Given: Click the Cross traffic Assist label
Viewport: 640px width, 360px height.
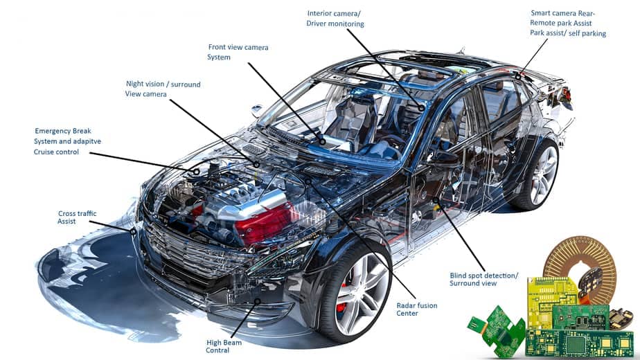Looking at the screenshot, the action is pyautogui.click(x=77, y=217).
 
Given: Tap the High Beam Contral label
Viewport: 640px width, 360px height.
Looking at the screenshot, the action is pyautogui.click(x=224, y=346).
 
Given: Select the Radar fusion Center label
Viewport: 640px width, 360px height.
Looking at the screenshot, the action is pyautogui.click(x=417, y=309).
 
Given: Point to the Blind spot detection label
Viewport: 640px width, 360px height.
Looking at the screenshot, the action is pyautogui.click(x=484, y=276).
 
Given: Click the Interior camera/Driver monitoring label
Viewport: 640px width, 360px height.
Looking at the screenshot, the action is pyautogui.click(x=335, y=19).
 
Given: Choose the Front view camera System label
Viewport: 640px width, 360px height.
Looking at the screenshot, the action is pyautogui.click(x=238, y=52).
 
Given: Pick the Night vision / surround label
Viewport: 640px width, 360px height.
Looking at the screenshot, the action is pyautogui.click(x=163, y=84).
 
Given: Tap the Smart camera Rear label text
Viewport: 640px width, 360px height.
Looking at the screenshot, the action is pyautogui.click(x=563, y=13).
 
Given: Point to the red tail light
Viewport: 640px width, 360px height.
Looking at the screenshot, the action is pyautogui.click(x=566, y=94).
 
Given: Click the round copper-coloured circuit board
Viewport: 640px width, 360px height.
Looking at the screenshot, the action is pyautogui.click(x=580, y=261).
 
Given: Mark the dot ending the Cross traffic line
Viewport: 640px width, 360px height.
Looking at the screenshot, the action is pyautogui.click(x=133, y=231).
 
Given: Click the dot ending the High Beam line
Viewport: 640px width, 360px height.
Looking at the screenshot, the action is pyautogui.click(x=258, y=302).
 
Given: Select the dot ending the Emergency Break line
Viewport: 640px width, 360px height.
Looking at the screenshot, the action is pyautogui.click(x=196, y=172).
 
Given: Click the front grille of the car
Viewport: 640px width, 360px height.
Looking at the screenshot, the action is pyautogui.click(x=192, y=251).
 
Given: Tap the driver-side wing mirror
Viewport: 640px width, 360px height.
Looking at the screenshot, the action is pyautogui.click(x=257, y=109).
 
